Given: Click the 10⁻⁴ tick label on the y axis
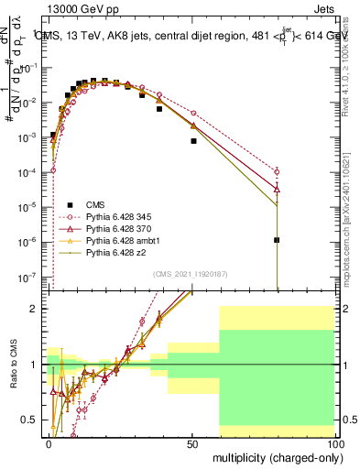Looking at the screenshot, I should [x=32, y=172].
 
